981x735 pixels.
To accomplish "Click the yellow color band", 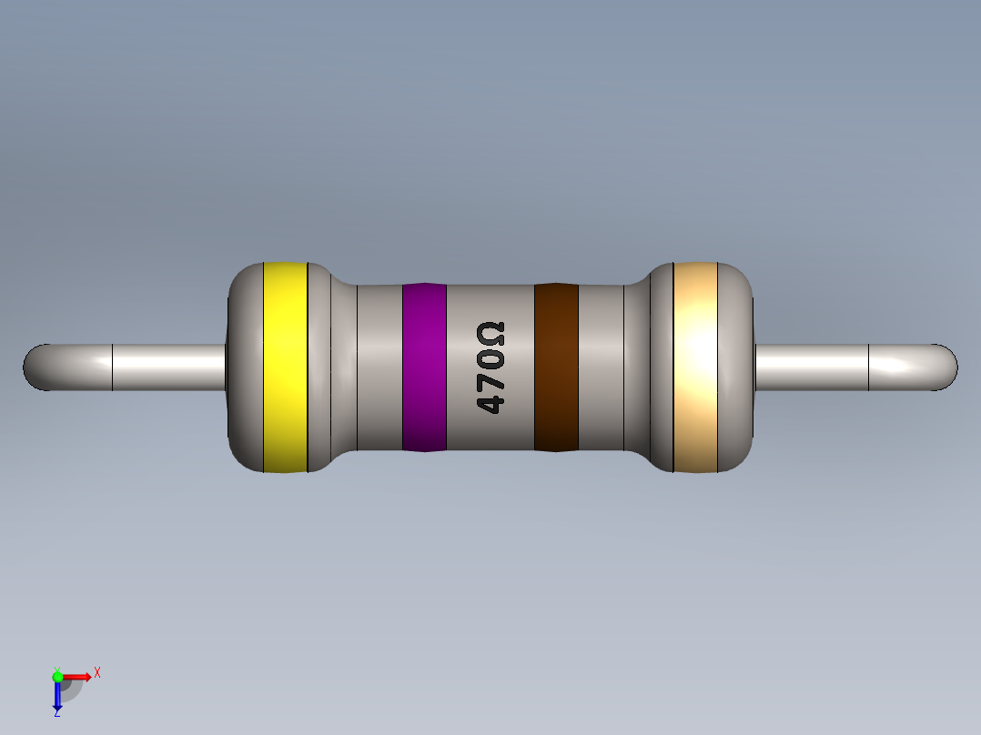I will (x=285, y=367).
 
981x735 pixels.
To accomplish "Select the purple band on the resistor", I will (x=424, y=367).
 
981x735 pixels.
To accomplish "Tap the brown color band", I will (x=556, y=367).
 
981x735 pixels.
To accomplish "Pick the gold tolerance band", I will (x=695, y=367).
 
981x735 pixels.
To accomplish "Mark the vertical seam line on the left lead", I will (x=112, y=367).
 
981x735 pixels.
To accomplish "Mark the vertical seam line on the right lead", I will (x=869, y=367).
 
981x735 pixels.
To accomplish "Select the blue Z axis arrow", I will (x=57, y=696).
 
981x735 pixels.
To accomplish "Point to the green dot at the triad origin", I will (x=57, y=676).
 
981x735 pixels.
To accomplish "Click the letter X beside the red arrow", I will (x=96, y=673).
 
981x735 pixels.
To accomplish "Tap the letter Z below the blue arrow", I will (x=56, y=714).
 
